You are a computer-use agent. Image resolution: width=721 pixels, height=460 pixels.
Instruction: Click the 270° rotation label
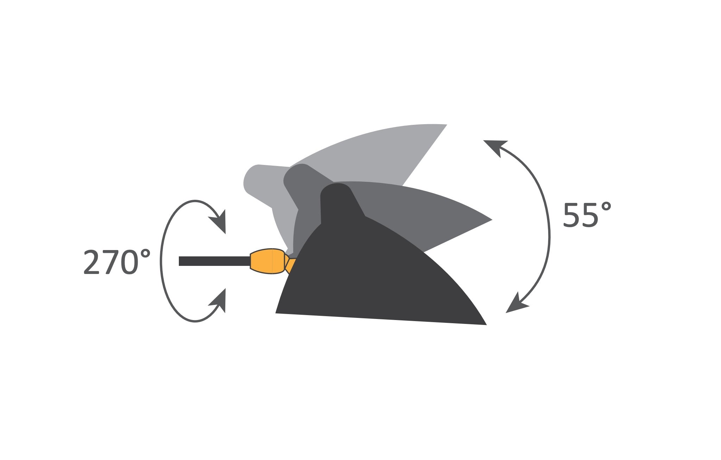click(x=117, y=262)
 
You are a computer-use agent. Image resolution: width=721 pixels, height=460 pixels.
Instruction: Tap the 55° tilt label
click(x=587, y=215)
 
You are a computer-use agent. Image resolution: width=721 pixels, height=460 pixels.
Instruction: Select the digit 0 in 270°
click(x=128, y=262)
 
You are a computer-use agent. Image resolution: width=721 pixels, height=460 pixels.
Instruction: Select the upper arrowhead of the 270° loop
click(x=218, y=222)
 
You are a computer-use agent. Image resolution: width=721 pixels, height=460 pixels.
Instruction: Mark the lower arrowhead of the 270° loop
click(x=218, y=300)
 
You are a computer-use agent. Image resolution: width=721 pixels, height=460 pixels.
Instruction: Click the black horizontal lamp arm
click(x=214, y=261)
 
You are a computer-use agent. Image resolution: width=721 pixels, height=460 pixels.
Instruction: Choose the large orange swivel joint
click(x=268, y=261)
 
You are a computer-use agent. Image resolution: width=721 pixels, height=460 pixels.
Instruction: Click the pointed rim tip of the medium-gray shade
click(x=491, y=220)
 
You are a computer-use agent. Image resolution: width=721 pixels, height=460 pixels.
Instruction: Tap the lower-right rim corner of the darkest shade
click(x=486, y=325)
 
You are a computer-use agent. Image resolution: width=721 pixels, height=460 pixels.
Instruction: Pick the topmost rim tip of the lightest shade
click(x=446, y=125)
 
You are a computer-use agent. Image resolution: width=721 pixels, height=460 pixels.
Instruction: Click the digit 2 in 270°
click(x=92, y=262)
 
